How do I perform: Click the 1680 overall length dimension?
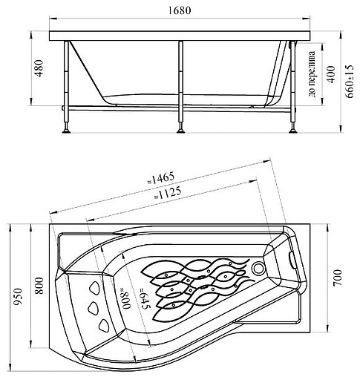[180, 10]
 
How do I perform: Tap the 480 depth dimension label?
[39, 68]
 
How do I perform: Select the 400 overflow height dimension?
[331, 74]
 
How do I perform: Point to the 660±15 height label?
[350, 82]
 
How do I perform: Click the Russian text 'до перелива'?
[312, 73]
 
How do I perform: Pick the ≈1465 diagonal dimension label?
[161, 178]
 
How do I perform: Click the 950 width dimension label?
[18, 296]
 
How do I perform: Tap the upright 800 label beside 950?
[39, 286]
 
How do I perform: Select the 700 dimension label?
[337, 278]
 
